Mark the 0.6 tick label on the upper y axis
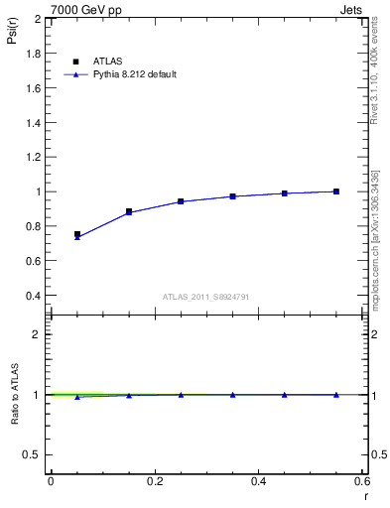tap(32, 261)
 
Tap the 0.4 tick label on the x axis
tap(258, 481)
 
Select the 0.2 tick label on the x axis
tap(154, 481)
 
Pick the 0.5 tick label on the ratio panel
tap(32, 454)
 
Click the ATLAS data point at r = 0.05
tap(77, 234)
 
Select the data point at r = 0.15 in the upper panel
tap(129, 211)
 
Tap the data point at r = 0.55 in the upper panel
tap(336, 191)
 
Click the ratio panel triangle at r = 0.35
tap(233, 394)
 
